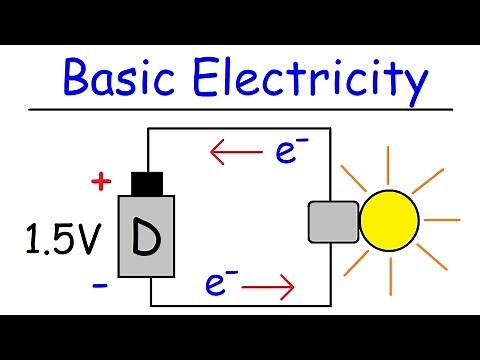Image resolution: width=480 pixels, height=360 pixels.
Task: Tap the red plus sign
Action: tap(99, 181)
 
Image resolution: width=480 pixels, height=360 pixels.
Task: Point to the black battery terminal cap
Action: tap(147, 184)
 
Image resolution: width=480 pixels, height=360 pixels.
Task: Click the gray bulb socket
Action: tap(331, 223)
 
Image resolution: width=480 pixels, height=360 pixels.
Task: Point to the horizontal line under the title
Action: tap(240, 107)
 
